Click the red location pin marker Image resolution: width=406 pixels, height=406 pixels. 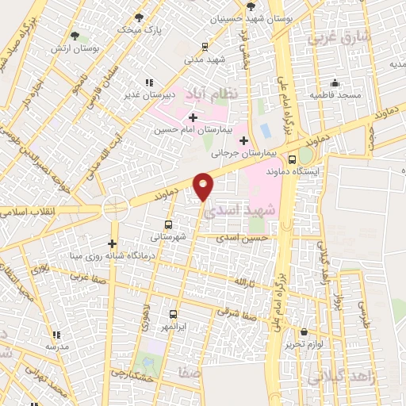click(x=204, y=186)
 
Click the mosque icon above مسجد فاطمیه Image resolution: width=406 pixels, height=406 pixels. click(x=335, y=82)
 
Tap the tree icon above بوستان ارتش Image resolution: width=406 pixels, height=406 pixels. click(x=75, y=36)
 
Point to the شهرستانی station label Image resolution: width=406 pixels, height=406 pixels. click(x=168, y=236)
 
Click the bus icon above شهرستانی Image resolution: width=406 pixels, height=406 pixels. click(x=168, y=224)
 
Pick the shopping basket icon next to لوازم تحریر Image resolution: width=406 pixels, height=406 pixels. click(x=305, y=331)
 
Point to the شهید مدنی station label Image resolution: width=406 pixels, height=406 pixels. click(x=205, y=59)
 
